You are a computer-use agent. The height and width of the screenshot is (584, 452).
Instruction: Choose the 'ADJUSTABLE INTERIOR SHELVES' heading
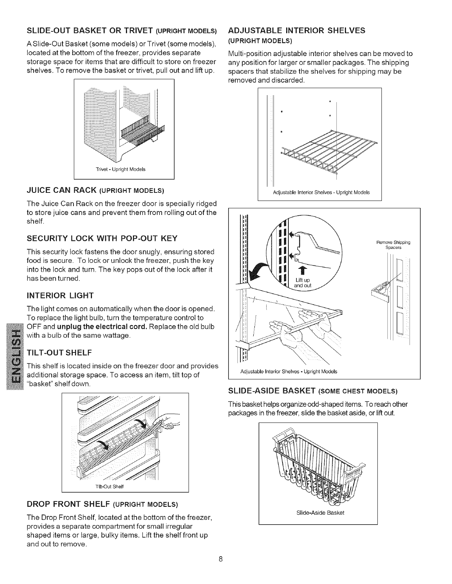297,30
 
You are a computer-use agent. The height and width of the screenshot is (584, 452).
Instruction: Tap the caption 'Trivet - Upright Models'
120,170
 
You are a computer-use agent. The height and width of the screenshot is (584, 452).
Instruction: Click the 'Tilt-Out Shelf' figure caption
112,486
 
